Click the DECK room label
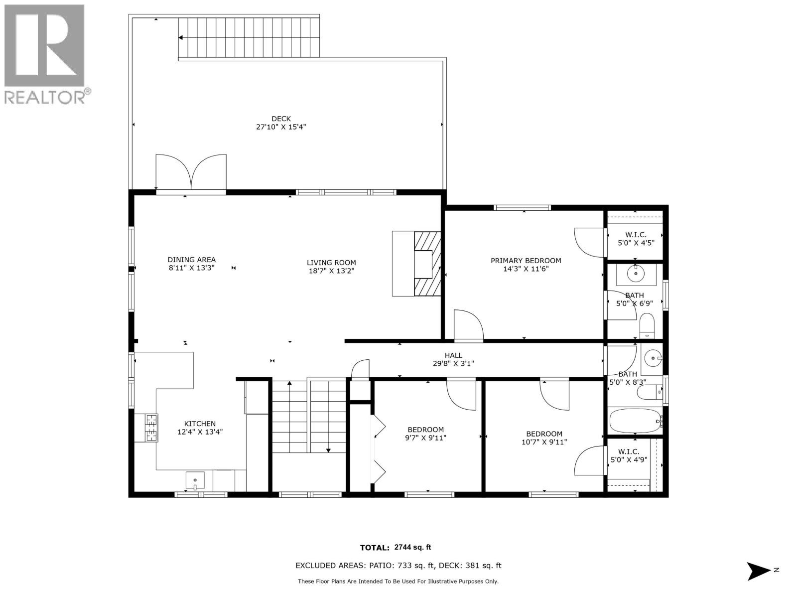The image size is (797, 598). pos(281,119)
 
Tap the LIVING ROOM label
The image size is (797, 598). pos(331,263)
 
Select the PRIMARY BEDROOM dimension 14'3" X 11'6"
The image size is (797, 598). pos(526,269)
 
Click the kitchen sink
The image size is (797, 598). pos(195,481)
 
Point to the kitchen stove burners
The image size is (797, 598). pos(151,428)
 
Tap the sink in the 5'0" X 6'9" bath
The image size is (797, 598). pos(636,274)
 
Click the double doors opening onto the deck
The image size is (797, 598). pos(191,172)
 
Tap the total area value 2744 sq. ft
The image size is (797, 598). pos(412,547)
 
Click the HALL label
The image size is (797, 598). pos(453,355)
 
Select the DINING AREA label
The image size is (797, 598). pos(191,260)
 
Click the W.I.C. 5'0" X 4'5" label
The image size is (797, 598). pos(636,239)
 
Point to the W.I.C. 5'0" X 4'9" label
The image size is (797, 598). pos(629,456)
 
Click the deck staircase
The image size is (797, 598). pos(249,37)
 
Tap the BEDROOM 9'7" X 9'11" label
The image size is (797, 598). pos(425,434)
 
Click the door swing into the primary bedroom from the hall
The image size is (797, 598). pos(468,325)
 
